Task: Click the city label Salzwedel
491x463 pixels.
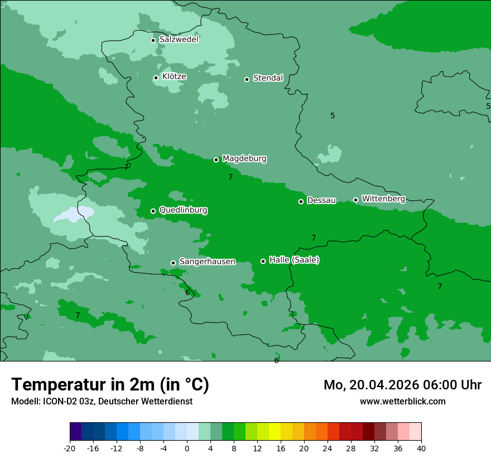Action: tap(179, 40)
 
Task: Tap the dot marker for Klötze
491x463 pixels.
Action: tap(156, 78)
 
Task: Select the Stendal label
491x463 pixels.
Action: tap(268, 78)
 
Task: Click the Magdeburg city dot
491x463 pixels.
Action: tap(216, 160)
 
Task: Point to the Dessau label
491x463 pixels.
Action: tap(321, 200)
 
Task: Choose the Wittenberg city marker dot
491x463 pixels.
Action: tap(355, 200)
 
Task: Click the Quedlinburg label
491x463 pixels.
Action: tap(183, 210)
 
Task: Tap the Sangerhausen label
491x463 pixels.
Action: tap(207, 262)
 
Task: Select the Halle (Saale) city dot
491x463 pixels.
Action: tap(263, 261)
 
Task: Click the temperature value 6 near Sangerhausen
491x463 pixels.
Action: tap(187, 292)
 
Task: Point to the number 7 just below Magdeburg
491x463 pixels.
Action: tap(230, 177)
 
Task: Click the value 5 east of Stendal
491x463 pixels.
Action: tap(333, 115)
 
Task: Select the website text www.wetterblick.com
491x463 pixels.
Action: tap(402, 401)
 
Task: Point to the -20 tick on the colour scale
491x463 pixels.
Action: tap(70, 448)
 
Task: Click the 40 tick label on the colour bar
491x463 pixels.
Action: tap(421, 448)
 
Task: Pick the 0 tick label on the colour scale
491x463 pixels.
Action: tap(187, 448)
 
